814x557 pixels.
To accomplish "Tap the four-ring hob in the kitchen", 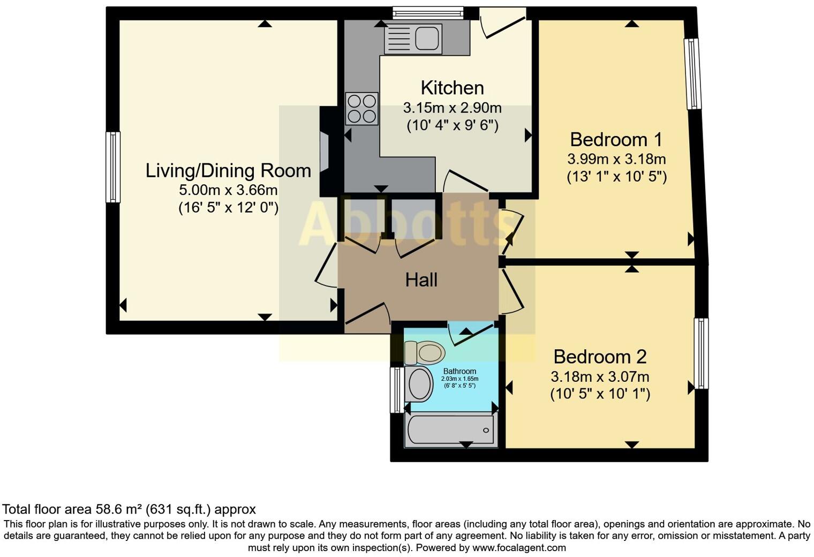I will click(362, 109).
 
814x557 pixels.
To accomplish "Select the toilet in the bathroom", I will click(425, 352).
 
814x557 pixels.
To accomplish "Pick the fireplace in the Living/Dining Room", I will click(324, 152).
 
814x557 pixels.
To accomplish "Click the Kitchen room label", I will click(452, 88).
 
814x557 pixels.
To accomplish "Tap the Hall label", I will click(421, 280).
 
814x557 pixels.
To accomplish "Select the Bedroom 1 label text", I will click(616, 140).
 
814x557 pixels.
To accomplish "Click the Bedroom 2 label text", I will click(600, 357).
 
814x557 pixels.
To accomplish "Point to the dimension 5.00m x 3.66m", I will click(228, 190).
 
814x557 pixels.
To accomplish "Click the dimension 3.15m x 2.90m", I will click(452, 108).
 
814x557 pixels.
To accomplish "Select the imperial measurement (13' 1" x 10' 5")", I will click(616, 177).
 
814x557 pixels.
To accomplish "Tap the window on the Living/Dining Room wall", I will click(113, 167).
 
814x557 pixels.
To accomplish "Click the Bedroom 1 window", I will click(693, 73).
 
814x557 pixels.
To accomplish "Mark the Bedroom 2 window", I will click(701, 353).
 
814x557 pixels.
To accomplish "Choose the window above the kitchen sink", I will click(427, 13).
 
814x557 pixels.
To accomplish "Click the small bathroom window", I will click(396, 390).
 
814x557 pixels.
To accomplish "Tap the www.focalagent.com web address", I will click(519, 548).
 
